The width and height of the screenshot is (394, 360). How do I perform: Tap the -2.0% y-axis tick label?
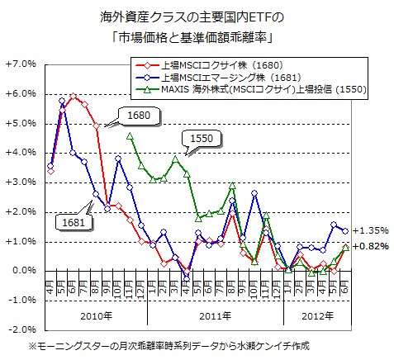(x=20, y=329)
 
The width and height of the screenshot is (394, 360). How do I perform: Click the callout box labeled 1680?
(x=140, y=117)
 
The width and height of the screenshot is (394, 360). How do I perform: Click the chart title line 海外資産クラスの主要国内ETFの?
(x=196, y=17)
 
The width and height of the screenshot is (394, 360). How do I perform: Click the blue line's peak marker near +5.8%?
(x=62, y=101)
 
